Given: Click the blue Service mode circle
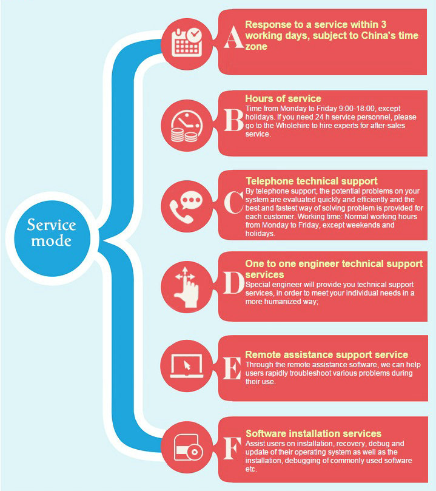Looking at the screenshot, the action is (x=52, y=239).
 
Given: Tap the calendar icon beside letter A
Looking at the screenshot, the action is (x=187, y=43).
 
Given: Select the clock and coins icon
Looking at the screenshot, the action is (x=187, y=126).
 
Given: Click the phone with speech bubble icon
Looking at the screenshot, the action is (x=186, y=207).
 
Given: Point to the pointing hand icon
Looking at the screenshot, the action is (x=187, y=287).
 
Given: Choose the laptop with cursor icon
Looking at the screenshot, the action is (x=187, y=366).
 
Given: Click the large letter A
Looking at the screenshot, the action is (x=233, y=37).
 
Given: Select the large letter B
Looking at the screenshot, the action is (x=233, y=120).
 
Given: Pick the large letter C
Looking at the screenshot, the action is (x=234, y=202).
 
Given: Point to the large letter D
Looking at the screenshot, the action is (x=234, y=283).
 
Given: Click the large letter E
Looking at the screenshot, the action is (x=232, y=368).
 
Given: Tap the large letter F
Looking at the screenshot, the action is (x=232, y=449).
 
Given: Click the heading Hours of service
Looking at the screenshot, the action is (x=283, y=99).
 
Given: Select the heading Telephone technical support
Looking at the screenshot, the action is (x=312, y=181).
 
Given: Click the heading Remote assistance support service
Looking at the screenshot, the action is (x=326, y=354).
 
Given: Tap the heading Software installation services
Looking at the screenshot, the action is (x=314, y=433).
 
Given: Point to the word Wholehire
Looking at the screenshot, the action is (x=293, y=126).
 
